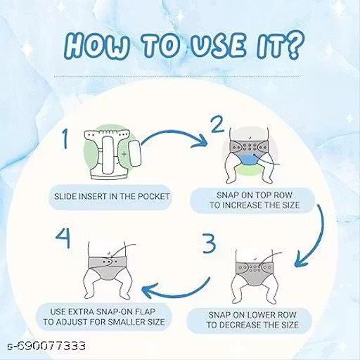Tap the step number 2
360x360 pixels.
(217, 124)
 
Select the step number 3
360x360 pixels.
(209, 243)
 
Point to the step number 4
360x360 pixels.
(63, 238)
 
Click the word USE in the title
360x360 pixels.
(219, 46)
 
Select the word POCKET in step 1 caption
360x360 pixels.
(153, 196)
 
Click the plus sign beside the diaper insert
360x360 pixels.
(124, 154)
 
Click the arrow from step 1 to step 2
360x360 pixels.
(174, 136)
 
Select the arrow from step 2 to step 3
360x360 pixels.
(319, 237)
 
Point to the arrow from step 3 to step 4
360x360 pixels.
(181, 294)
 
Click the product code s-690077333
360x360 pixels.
(46, 346)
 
